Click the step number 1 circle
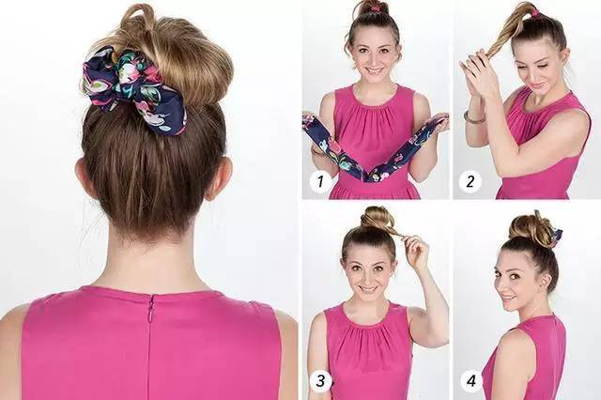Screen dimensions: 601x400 point(320,180)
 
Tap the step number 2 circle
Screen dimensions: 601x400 point(470,180)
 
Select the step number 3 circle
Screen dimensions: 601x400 point(320,380)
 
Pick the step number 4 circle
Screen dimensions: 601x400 point(471,380)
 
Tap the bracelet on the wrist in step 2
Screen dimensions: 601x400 point(474,118)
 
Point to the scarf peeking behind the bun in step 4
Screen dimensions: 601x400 point(557,235)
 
